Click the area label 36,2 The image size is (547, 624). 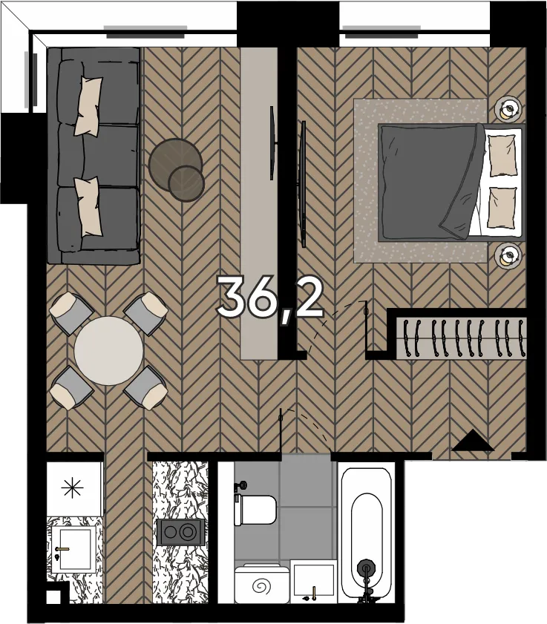[x=269, y=298]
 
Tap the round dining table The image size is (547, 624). [x=108, y=350]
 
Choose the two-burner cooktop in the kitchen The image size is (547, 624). [x=181, y=532]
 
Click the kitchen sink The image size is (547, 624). [x=74, y=549]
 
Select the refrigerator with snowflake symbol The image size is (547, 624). [x=73, y=488]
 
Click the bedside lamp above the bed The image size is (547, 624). [x=508, y=108]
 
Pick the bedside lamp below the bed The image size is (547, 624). [x=508, y=255]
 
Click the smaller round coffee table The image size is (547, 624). [x=186, y=183]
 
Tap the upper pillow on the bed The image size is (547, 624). [x=502, y=155]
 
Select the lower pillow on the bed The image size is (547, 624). [x=502, y=208]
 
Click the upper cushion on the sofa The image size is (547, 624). [x=88, y=105]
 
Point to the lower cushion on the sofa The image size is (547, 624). [x=88, y=206]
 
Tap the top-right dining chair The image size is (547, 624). [x=145, y=313]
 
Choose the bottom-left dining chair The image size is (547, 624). [x=72, y=388]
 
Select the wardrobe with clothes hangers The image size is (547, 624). [x=462, y=338]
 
